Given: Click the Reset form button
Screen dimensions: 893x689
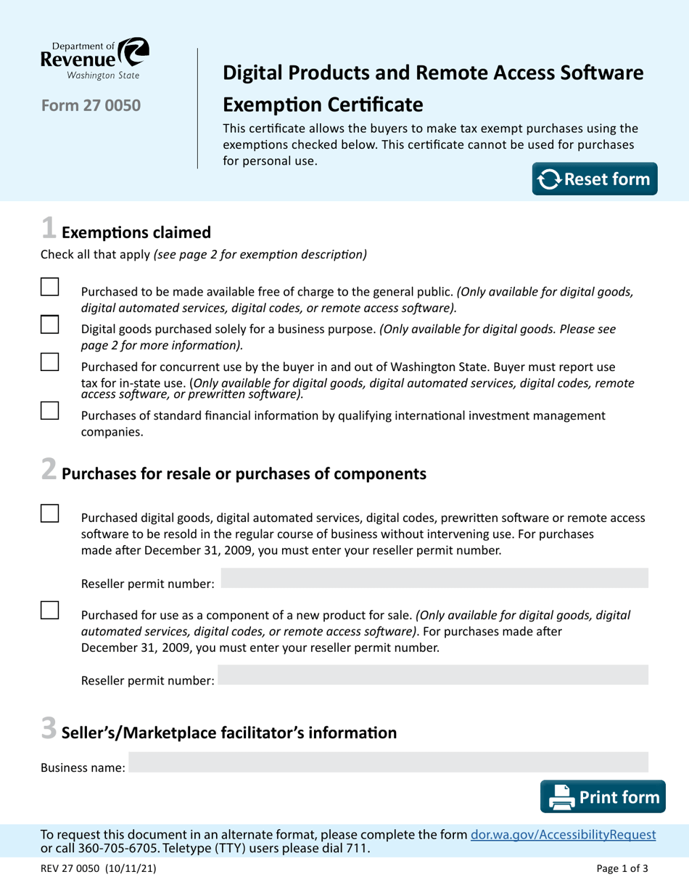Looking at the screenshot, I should pos(595,179).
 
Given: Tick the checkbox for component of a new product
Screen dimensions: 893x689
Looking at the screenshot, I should pos(49,610).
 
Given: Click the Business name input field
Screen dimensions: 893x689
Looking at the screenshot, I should pos(388,762).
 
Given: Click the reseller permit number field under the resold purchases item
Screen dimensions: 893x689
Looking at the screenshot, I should pos(434,578).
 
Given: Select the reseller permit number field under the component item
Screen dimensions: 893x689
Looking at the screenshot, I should pos(432,676).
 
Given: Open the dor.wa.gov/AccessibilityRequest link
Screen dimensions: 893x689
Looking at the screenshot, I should pos(564,835).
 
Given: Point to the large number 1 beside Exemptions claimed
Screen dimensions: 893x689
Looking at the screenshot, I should pos(48,229).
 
